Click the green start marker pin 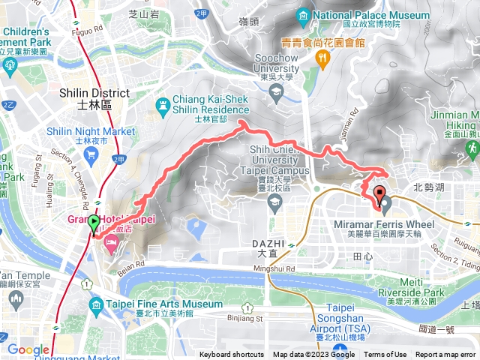coord(94,223)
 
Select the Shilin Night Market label coord(91,131)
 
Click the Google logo coord(28,349)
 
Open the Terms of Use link coord(385,355)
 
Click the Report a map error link coord(445,355)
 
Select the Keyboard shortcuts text coord(232,355)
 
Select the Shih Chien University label coord(287,160)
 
